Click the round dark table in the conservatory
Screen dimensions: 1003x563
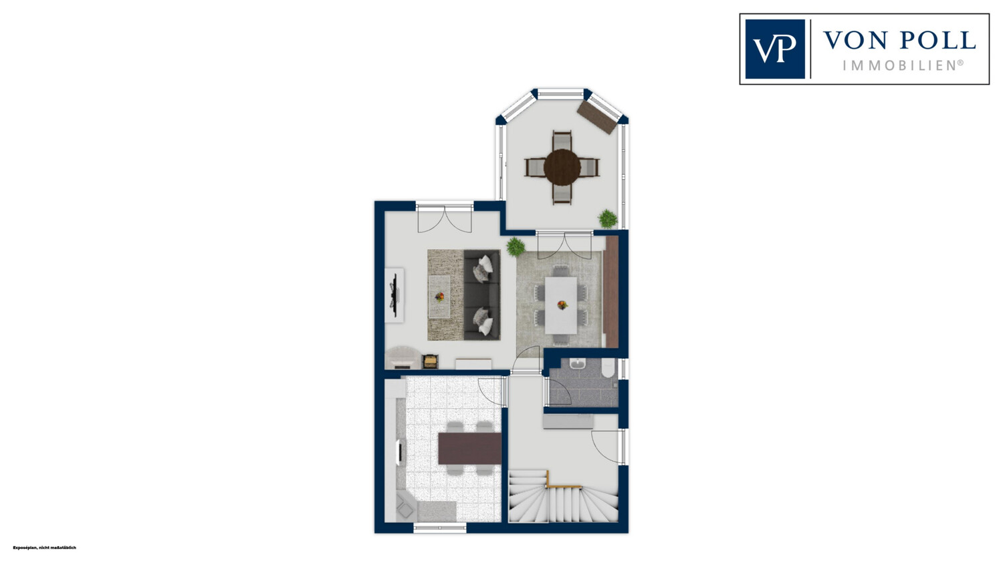pyautogui.click(x=562, y=167)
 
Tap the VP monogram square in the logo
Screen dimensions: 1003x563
pyautogui.click(x=775, y=49)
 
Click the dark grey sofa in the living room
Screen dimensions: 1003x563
pyautogui.click(x=482, y=295)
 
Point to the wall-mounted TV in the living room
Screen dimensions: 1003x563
pyautogui.click(x=395, y=295)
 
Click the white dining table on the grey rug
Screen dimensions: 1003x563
pyautogui.click(x=560, y=305)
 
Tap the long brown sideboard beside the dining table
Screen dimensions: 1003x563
pyautogui.click(x=610, y=292)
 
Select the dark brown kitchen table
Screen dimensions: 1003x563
pyautogui.click(x=469, y=448)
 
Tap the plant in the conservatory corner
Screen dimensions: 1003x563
pyautogui.click(x=608, y=218)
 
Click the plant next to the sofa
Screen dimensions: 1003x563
pyautogui.click(x=516, y=246)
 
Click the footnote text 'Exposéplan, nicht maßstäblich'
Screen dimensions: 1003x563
pyautogui.click(x=44, y=548)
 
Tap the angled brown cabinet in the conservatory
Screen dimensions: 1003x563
pyautogui.click(x=597, y=118)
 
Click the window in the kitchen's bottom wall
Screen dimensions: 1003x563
pyautogui.click(x=440, y=528)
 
